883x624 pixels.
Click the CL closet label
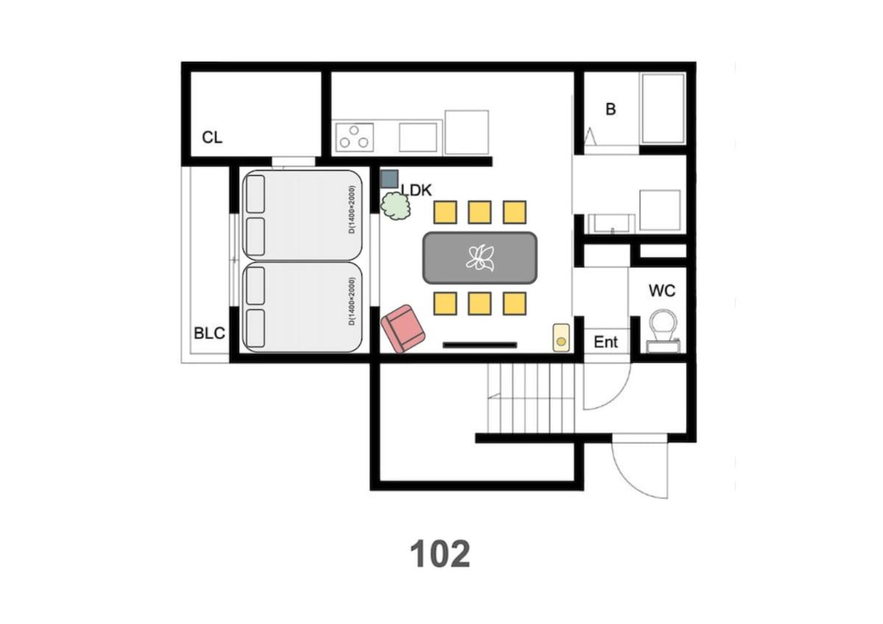point(212,137)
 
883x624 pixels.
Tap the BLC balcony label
point(209,333)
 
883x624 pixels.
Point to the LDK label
point(417,191)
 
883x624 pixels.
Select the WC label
point(662,291)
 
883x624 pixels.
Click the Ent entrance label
point(606,342)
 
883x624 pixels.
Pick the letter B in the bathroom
point(611,109)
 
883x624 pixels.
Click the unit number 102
point(440,554)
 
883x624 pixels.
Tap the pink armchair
point(403,328)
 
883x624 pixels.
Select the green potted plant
point(395,206)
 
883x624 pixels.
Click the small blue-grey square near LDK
point(389,179)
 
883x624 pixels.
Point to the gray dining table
point(480,258)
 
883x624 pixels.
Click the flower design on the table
point(480,258)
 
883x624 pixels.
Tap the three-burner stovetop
point(355,137)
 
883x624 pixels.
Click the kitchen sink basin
point(418,137)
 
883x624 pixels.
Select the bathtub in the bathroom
point(663,108)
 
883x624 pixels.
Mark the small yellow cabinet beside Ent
point(561,338)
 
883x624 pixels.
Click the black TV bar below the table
point(480,345)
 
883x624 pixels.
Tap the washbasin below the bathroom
point(611,224)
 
